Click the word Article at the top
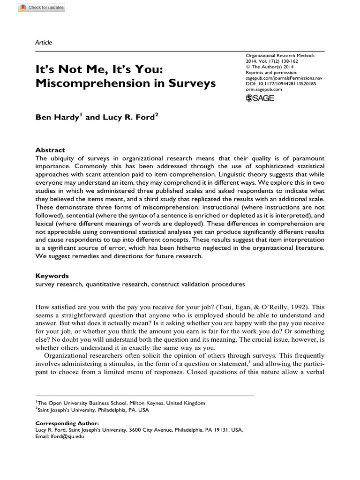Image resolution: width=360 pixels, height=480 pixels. point(44,43)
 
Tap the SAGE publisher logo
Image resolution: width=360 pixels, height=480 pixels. point(260,97)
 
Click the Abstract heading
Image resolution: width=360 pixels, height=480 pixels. point(50,150)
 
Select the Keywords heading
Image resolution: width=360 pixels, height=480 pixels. point(52,276)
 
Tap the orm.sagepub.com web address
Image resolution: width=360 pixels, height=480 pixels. point(264,89)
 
